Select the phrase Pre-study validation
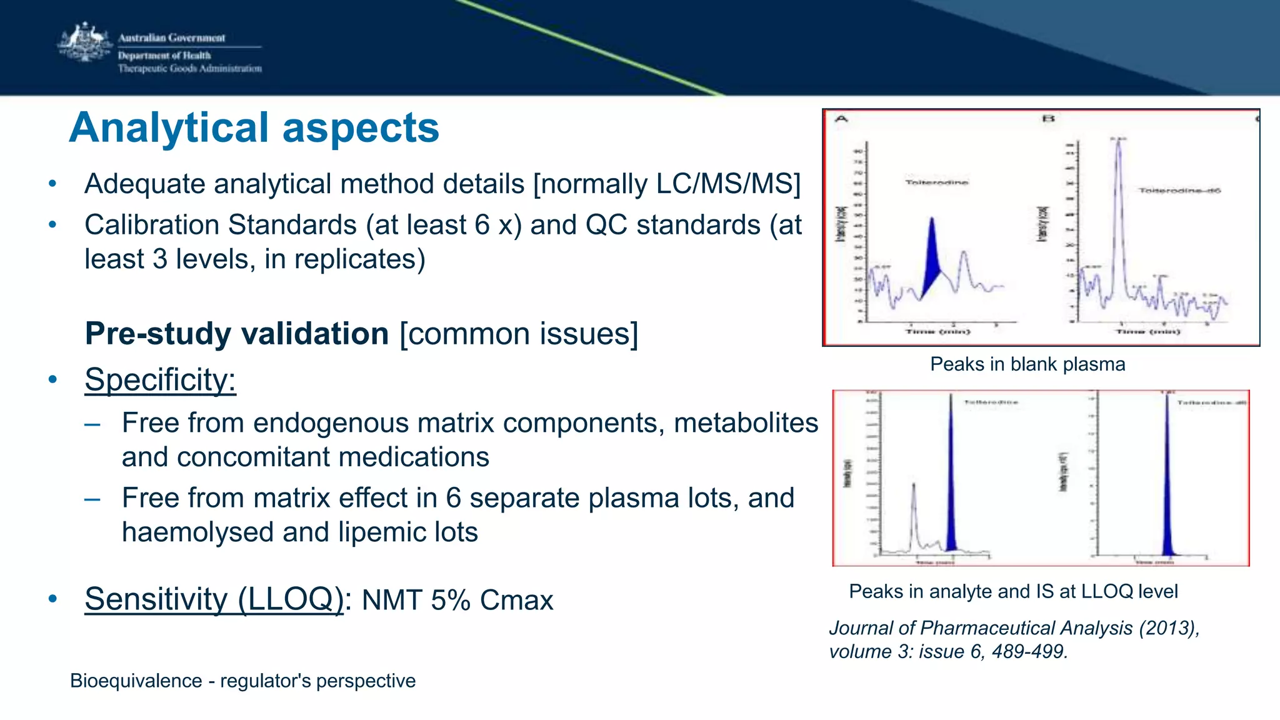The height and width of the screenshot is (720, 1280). point(237,333)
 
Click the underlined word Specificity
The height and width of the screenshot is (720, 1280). point(160,379)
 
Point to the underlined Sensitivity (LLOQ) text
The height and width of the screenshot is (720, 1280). point(214,599)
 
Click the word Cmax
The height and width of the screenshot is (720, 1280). point(516,600)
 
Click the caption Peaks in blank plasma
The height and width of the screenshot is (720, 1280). point(1027,364)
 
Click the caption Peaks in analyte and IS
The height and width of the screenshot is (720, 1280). point(1012,591)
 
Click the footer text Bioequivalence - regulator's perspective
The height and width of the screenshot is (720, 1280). point(242,681)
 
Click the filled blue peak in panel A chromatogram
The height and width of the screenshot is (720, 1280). point(932,256)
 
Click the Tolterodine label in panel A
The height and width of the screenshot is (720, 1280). point(936,182)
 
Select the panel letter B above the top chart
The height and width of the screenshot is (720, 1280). point(1048,118)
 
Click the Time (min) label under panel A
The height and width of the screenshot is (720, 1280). point(937,331)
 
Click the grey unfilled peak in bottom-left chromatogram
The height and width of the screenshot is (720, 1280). point(914,512)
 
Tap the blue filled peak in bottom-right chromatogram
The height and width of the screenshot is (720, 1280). point(1167,500)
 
